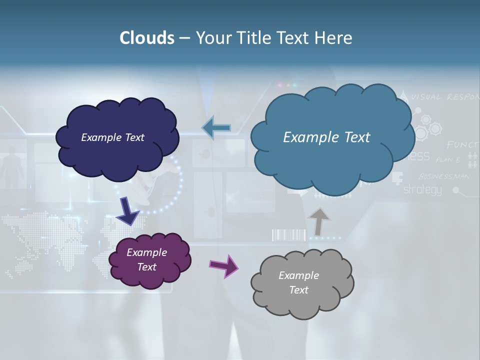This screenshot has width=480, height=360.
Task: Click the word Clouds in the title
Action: tap(147, 38)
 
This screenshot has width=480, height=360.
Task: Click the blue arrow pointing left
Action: tap(216, 127)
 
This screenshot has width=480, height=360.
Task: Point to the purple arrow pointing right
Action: tap(224, 265)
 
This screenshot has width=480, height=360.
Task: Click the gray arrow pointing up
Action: tap(319, 221)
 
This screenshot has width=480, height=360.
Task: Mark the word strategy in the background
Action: tap(422, 190)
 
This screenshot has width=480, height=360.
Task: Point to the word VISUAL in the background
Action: tap(426, 97)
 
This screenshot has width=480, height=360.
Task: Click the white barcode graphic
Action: tap(288, 235)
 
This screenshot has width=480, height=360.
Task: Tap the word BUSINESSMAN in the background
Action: tap(444, 176)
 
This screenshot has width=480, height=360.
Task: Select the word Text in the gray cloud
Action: tap(298, 290)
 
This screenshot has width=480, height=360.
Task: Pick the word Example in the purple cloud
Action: tap(146, 252)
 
